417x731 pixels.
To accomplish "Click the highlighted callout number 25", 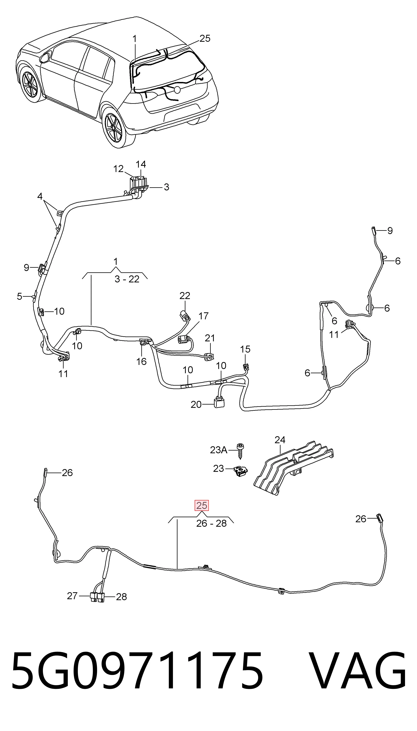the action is coord(202,505).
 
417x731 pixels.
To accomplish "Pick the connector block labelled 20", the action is coord(218,403).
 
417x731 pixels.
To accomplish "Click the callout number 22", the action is coord(185,296).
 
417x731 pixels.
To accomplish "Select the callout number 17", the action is coord(203,316).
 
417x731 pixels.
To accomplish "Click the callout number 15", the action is coord(245,349).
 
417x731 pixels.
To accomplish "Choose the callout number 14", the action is coord(141,164).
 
